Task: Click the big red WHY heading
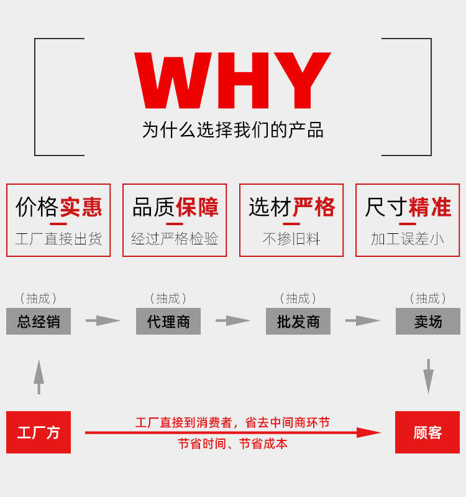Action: (x=232, y=80)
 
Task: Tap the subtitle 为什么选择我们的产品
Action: (x=232, y=130)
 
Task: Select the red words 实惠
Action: (x=81, y=207)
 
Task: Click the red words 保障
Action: (x=197, y=207)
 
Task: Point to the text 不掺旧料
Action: (x=291, y=239)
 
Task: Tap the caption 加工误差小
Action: (x=408, y=239)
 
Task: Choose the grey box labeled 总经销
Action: (x=39, y=321)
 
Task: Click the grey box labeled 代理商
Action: (x=168, y=321)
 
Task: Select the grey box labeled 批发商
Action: (x=298, y=321)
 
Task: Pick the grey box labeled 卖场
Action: (x=428, y=321)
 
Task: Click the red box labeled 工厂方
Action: (x=39, y=432)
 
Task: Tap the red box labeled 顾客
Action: (x=427, y=432)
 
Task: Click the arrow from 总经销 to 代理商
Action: (x=103, y=320)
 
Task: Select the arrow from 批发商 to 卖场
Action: (x=363, y=320)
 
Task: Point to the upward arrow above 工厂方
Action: (x=39, y=377)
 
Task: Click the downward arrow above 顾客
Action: (x=428, y=376)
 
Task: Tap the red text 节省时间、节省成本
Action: (x=232, y=444)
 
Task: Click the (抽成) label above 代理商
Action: (x=168, y=299)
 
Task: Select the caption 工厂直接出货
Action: (x=58, y=239)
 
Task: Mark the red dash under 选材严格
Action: (x=291, y=224)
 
